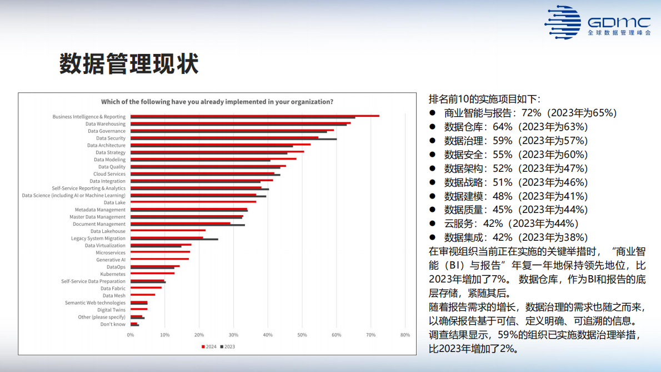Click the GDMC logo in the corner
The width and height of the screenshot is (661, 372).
pos(597,22)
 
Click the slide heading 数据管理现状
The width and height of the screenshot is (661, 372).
pos(129,65)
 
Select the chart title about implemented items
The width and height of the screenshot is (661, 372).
pos(217,102)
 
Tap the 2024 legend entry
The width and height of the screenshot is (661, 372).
pos(208,346)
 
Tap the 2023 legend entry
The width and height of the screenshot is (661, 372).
pos(227,346)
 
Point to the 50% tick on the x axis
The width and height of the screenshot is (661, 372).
pos(302,335)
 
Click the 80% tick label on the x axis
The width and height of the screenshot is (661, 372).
pos(405,335)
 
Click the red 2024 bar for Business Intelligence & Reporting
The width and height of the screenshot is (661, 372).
pos(254,116)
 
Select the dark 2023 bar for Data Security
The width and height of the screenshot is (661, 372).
pos(233,139)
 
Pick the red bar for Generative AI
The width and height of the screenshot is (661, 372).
pos(159,259)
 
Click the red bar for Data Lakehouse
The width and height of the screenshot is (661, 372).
pos(168,230)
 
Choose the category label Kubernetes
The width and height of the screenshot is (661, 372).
pos(113,274)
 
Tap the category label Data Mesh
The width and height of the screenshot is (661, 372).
pos(114,296)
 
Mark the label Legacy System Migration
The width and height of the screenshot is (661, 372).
pos(98,239)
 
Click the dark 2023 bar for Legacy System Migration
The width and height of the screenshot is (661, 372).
pos(174,239)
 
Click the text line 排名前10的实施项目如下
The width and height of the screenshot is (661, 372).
pos(484,99)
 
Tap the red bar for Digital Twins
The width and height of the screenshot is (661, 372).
pos(139,309)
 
